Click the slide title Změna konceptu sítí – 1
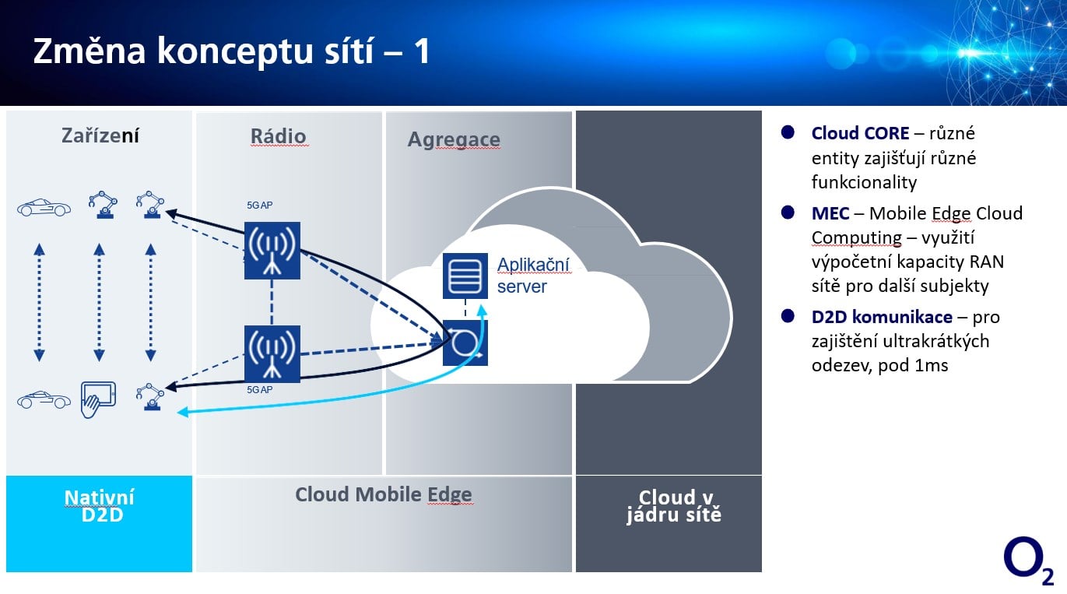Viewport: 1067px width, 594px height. [231, 51]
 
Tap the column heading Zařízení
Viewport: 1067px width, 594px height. [100, 136]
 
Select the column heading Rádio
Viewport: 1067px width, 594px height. [278, 136]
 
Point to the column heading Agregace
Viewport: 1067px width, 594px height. [454, 140]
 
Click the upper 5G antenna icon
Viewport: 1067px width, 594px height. [272, 251]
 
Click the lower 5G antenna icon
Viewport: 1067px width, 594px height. [272, 354]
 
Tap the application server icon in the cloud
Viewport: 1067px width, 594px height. [465, 276]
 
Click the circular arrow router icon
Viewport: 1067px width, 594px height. [465, 343]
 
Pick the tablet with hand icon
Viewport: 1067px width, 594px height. [98, 399]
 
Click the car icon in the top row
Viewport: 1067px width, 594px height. [44, 208]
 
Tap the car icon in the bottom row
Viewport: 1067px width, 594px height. [44, 400]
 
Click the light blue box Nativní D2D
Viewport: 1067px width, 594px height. [99, 506]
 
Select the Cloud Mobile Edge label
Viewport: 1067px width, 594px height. [384, 495]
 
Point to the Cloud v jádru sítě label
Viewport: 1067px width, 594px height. [673, 506]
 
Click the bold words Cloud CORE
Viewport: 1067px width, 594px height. [860, 133]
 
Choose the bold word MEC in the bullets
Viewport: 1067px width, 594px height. [830, 213]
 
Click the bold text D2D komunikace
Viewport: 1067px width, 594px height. [882, 317]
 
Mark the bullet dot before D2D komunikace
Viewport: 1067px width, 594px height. [788, 315]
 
